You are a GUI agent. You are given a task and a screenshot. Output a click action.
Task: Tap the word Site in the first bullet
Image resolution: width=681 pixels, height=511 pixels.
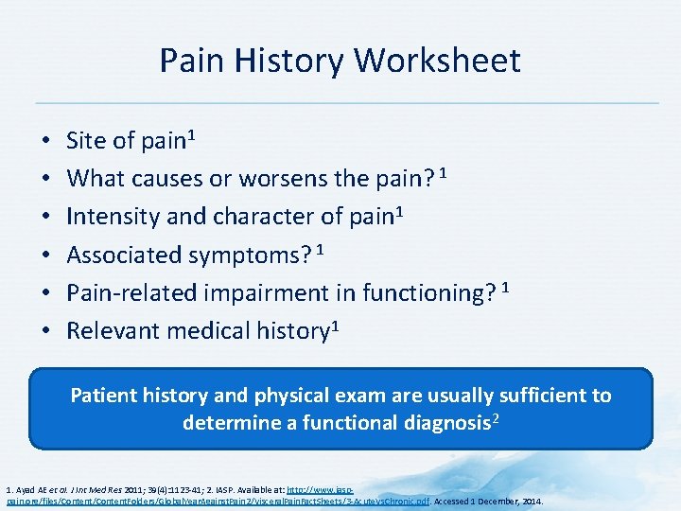pyautogui.click(x=86, y=141)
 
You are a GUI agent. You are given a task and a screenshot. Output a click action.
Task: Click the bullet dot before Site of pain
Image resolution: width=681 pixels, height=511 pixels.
pyautogui.click(x=46, y=142)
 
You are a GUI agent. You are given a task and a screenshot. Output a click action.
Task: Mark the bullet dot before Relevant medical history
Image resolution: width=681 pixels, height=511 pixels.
pyautogui.click(x=46, y=331)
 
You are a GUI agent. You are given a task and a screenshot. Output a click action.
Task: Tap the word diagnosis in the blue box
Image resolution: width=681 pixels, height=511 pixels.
pyautogui.click(x=441, y=422)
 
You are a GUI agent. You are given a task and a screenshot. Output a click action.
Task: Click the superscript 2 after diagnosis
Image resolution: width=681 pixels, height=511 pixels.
pyautogui.click(x=494, y=417)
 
